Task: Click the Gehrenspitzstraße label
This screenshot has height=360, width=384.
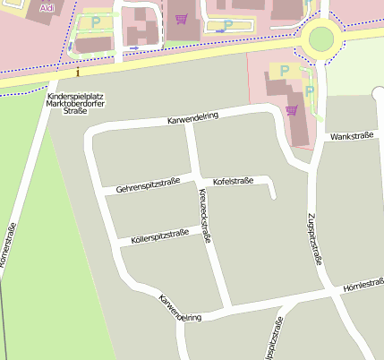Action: click(x=148, y=185)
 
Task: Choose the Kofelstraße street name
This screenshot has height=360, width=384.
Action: click(x=233, y=181)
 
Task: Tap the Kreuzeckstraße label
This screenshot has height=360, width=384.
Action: click(x=205, y=217)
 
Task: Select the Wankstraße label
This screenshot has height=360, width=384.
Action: click(x=351, y=137)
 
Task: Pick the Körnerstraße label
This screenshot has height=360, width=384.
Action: click(x=9, y=252)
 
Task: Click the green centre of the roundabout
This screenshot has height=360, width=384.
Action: click(x=320, y=38)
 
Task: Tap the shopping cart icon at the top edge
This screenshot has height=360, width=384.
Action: click(x=182, y=18)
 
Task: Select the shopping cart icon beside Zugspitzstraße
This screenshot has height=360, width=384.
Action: click(x=291, y=110)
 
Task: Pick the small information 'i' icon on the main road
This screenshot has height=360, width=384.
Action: click(x=79, y=71)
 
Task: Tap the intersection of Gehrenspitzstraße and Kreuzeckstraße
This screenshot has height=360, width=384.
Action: click(x=194, y=176)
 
